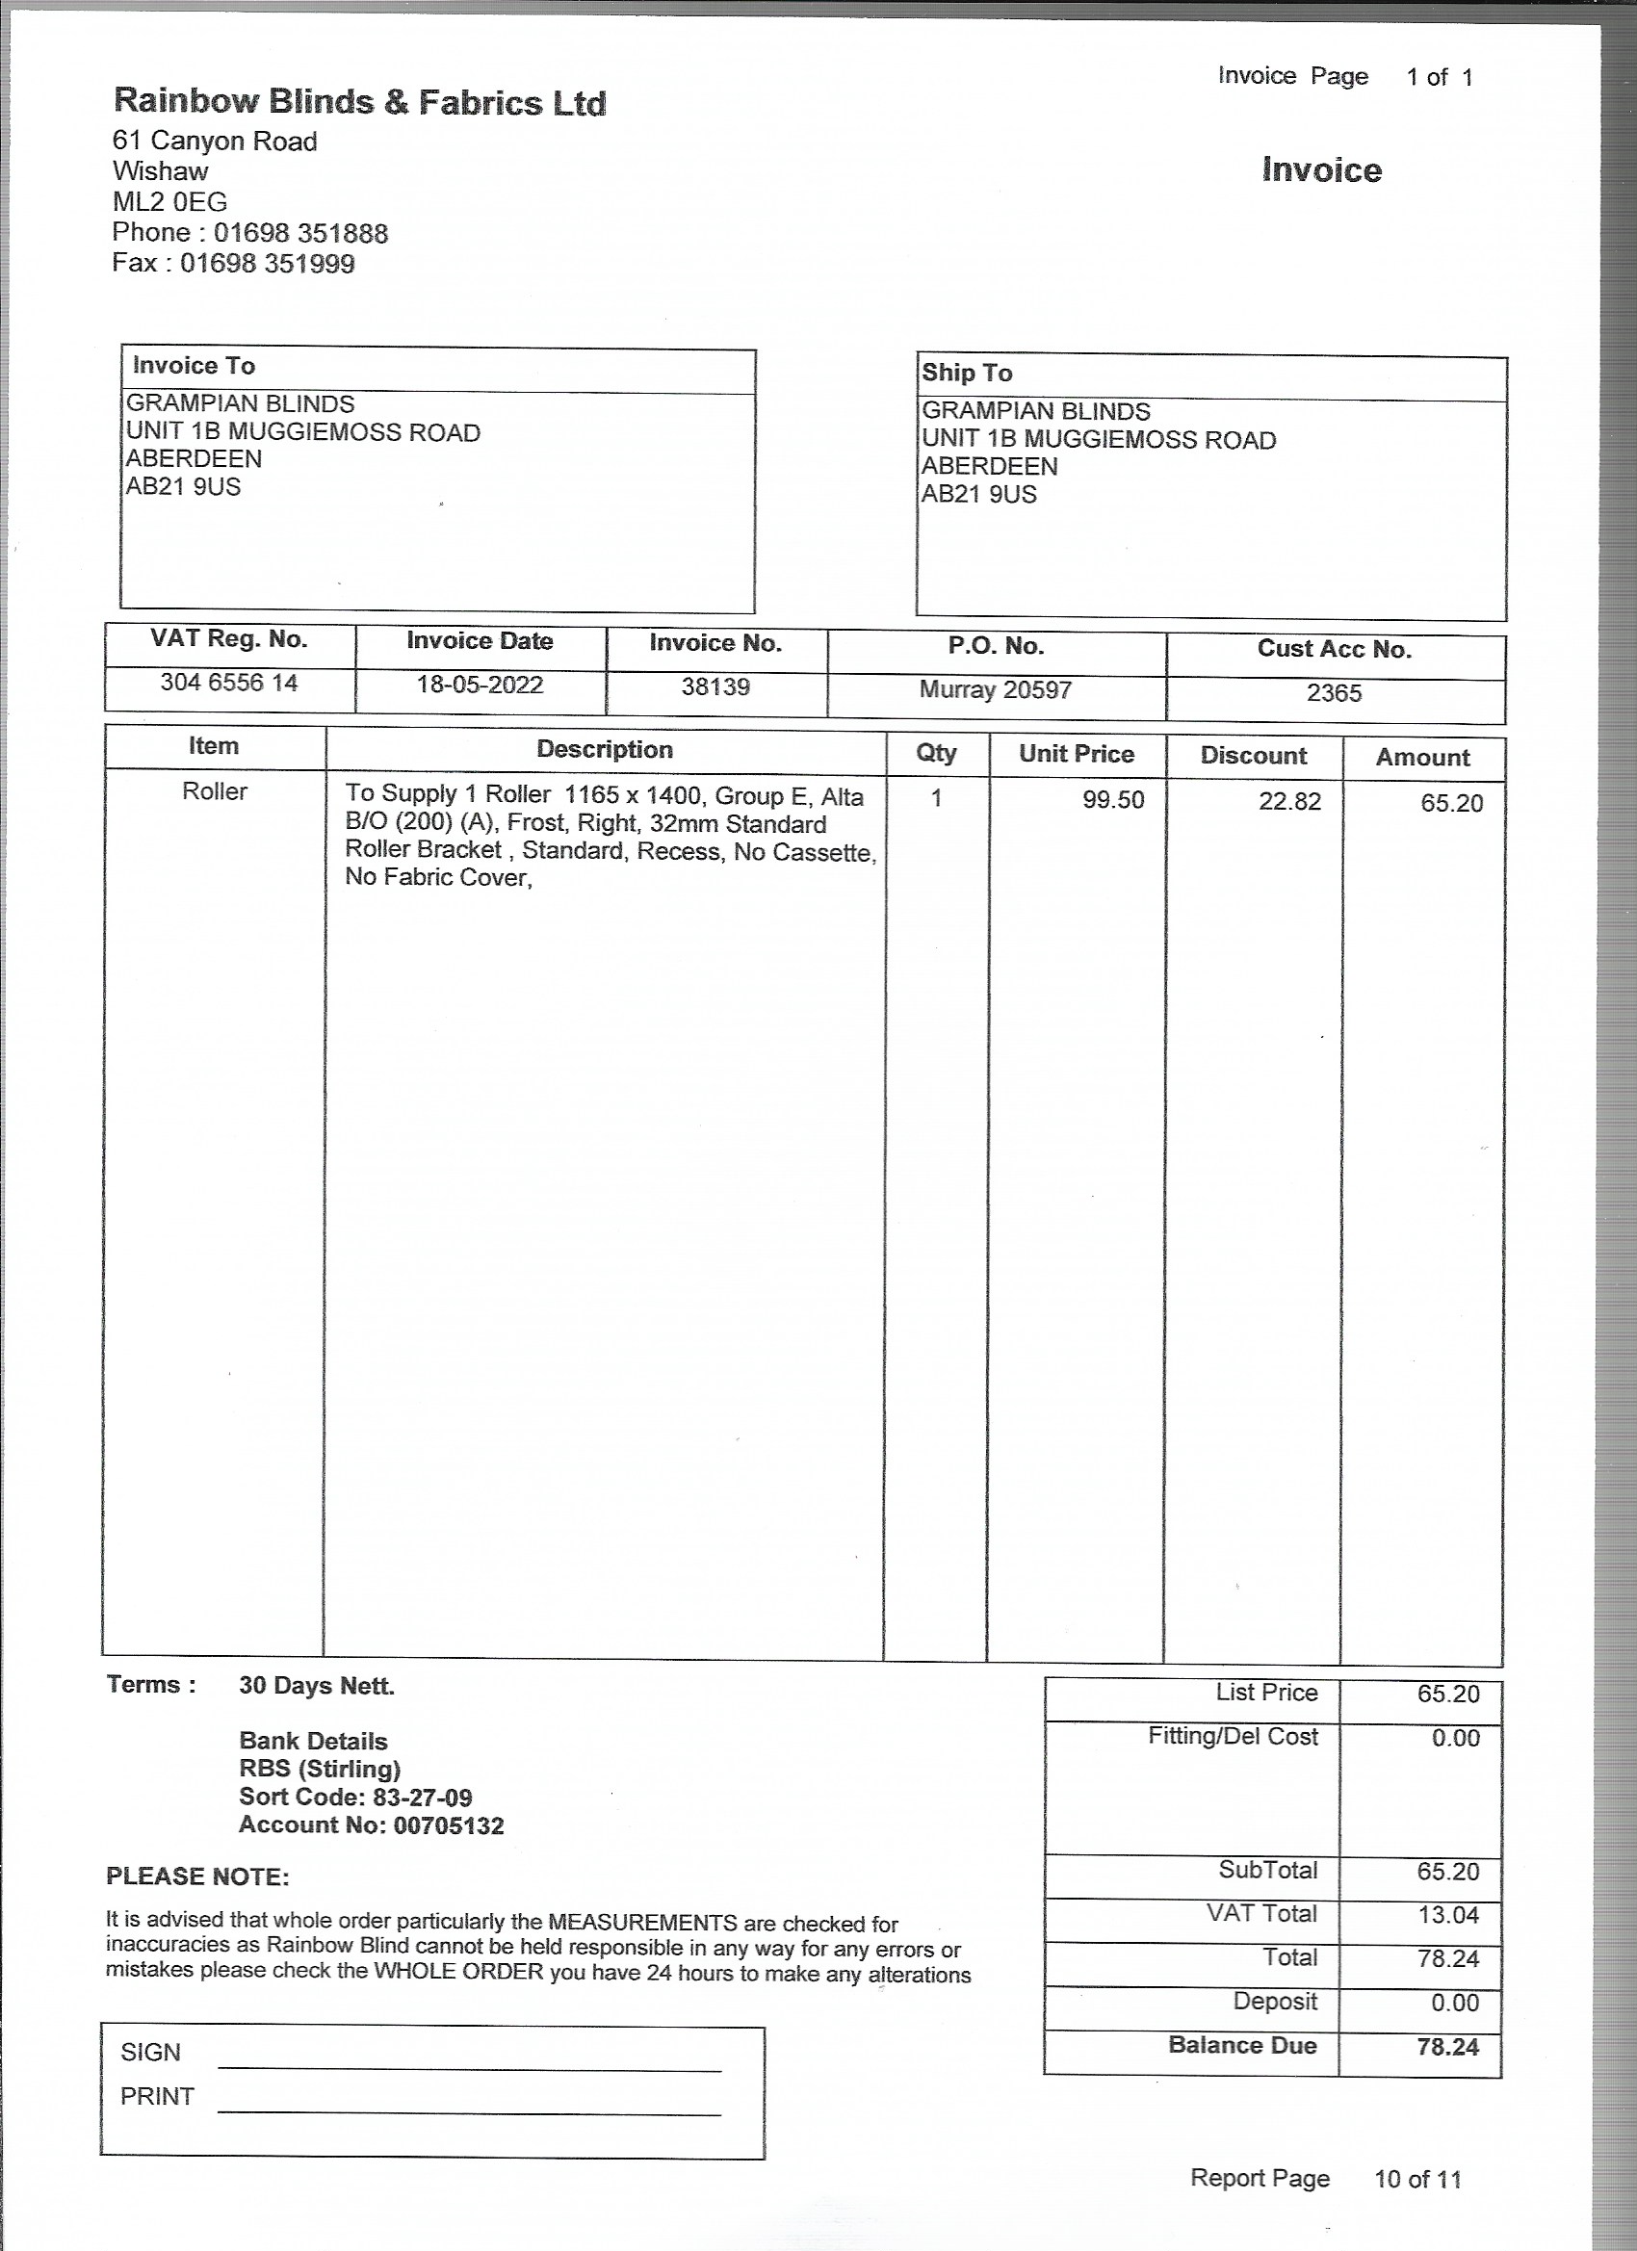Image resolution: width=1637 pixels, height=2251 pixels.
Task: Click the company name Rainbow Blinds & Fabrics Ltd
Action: pyautogui.click(x=359, y=102)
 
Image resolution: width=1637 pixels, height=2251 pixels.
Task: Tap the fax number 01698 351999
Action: pyautogui.click(x=267, y=264)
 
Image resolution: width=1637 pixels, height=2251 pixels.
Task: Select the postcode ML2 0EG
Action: pyautogui.click(x=169, y=202)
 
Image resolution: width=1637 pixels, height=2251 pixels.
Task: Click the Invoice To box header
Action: pyautogui.click(x=195, y=366)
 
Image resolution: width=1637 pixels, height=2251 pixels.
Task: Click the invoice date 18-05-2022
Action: pyautogui.click(x=480, y=686)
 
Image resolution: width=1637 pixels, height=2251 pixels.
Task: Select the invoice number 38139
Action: pyautogui.click(x=715, y=687)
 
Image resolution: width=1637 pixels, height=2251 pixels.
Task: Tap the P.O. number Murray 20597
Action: pyautogui.click(x=995, y=690)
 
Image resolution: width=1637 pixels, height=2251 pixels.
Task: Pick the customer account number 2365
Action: pyautogui.click(x=1334, y=694)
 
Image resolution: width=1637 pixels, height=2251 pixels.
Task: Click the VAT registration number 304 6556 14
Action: pyautogui.click(x=229, y=684)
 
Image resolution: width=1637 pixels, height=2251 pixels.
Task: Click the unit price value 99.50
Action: pyautogui.click(x=1113, y=800)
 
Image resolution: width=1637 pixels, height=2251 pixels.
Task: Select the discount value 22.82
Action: pyautogui.click(x=1289, y=802)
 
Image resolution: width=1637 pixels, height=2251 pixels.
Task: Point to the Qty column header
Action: pyautogui.click(x=936, y=753)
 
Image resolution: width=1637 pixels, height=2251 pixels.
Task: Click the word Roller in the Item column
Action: pyautogui.click(x=215, y=792)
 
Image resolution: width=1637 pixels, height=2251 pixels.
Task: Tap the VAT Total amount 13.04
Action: pyautogui.click(x=1447, y=1915)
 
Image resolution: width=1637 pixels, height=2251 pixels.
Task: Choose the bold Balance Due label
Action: pyautogui.click(x=1242, y=2046)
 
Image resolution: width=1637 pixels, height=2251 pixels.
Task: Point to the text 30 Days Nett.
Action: pyautogui.click(x=317, y=1686)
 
